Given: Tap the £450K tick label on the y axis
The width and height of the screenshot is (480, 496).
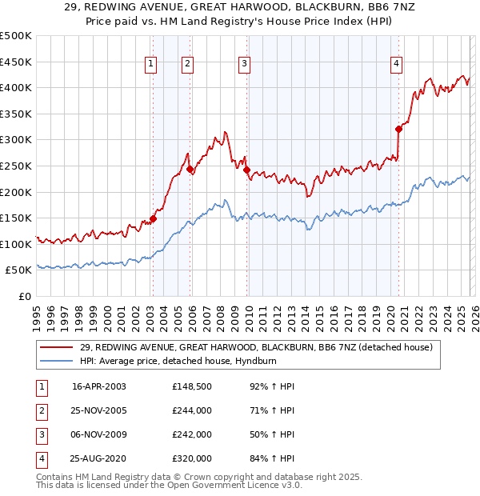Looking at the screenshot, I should (16, 62).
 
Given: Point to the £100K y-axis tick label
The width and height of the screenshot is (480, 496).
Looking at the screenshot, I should (16, 244).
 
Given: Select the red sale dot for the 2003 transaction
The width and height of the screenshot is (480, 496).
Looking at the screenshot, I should (153, 218).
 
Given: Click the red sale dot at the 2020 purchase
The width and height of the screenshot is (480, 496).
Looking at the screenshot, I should (398, 129).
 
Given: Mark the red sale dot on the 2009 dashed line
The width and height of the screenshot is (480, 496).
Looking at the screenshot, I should (246, 170).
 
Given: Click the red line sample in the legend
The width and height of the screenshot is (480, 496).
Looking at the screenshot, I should (58, 347).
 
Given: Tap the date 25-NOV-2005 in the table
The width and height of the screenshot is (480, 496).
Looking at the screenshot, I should (98, 410).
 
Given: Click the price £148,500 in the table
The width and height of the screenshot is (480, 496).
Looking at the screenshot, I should (191, 386).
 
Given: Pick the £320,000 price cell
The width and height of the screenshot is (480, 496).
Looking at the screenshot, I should (191, 458).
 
